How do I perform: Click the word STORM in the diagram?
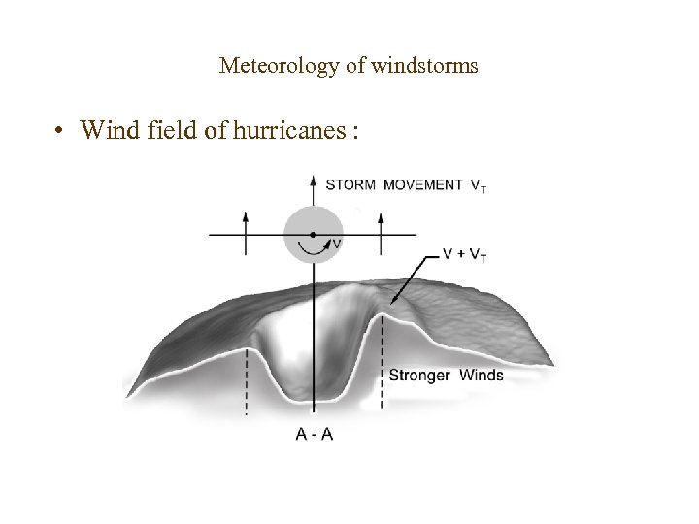[350, 185]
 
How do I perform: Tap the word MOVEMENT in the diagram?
[422, 185]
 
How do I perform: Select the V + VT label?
[465, 254]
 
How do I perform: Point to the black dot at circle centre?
[313, 235]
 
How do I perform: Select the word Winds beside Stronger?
[482, 375]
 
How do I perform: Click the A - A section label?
[314, 434]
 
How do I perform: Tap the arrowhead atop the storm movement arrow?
[313, 181]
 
